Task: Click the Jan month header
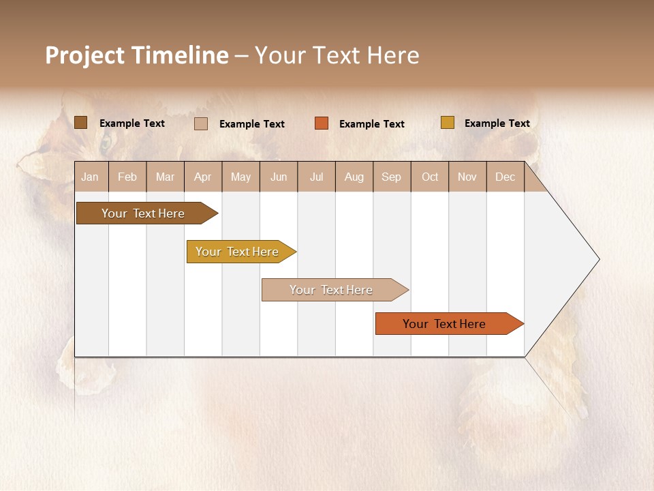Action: [x=91, y=177]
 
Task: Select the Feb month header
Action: [x=127, y=177]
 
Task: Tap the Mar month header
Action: [x=165, y=177]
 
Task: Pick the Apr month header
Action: [x=202, y=177]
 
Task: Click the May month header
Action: [x=240, y=177]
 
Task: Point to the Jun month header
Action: [x=279, y=177]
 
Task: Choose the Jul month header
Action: [x=316, y=177]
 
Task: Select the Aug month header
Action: [x=354, y=177]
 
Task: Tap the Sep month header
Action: [x=392, y=177]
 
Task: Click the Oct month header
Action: [x=430, y=177]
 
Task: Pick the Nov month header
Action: [x=467, y=177]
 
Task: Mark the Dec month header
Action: [x=505, y=177]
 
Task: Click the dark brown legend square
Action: [x=81, y=123]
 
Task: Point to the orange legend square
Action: [x=322, y=123]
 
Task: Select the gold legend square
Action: [x=448, y=123]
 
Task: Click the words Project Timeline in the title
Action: [x=137, y=55]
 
